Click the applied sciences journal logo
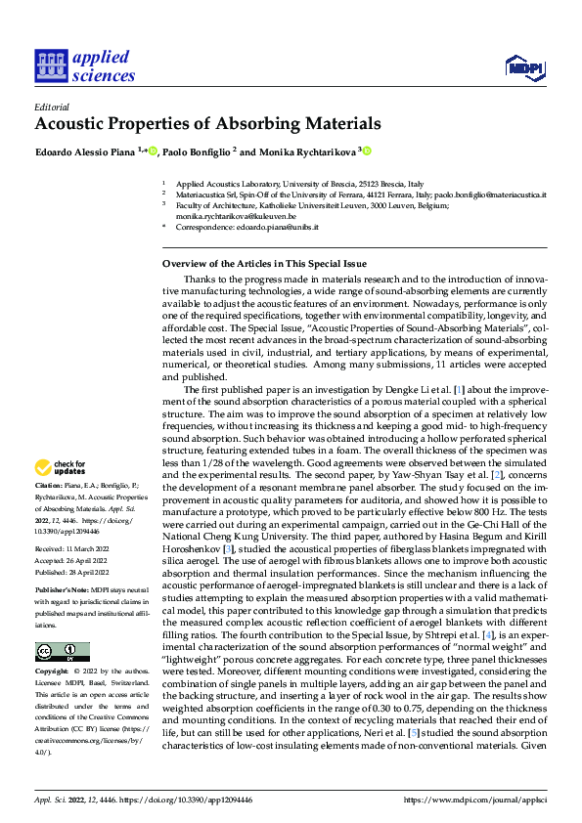click(84, 65)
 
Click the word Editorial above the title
click(52, 107)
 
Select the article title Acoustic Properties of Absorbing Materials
click(207, 124)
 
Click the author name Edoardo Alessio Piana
click(85, 152)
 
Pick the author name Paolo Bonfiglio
click(199, 152)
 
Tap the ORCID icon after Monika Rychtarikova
click(368, 152)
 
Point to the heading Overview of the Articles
click(263, 264)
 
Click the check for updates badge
click(60, 467)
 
